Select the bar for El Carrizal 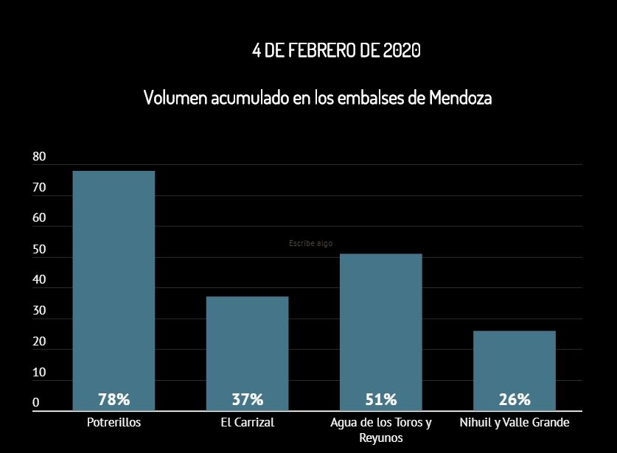[247, 346]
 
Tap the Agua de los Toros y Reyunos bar [380, 324]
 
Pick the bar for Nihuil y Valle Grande [515, 365]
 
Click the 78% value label [114, 400]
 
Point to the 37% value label [247, 400]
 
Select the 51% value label [380, 400]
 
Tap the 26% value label [515, 400]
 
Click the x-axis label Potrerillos [114, 423]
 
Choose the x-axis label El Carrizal [247, 423]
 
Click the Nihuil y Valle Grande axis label [515, 423]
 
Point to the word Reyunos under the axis [380, 438]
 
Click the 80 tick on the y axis [39, 157]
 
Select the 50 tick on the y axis [39, 250]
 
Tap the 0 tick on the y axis [36, 403]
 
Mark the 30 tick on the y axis [39, 312]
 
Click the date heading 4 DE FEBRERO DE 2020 [336, 50]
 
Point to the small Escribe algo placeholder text [310, 243]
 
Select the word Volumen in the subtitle [175, 97]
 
